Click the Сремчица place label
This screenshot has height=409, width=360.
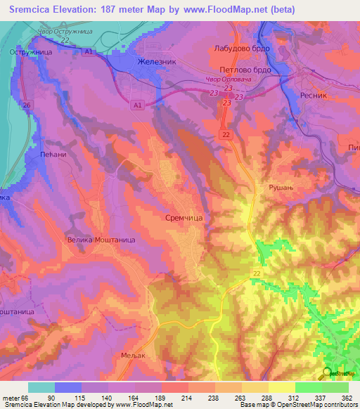pyautogui.click(x=185, y=219)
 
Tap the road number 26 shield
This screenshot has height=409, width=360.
pyautogui.click(x=27, y=105)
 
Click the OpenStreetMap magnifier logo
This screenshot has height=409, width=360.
pyautogui.click(x=328, y=374)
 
